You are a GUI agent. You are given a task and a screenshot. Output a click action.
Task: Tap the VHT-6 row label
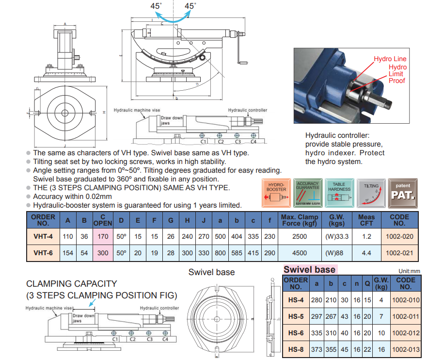coord(43,252)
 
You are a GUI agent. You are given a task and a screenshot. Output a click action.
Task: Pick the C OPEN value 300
coord(103,252)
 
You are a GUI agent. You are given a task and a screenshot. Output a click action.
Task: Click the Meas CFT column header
coord(366,220)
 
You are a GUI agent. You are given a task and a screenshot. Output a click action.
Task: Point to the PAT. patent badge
coord(402,193)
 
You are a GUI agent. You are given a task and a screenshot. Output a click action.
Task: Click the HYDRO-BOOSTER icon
coord(277,193)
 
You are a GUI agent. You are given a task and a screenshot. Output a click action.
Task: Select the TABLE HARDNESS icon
coord(339,193)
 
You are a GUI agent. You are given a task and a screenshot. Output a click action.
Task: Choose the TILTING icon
coord(371,193)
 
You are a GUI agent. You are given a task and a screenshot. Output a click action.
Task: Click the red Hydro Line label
coord(390,59)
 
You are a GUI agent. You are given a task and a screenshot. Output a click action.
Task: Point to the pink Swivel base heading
coord(309,269)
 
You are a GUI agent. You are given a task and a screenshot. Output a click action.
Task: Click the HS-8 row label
coord(296,349)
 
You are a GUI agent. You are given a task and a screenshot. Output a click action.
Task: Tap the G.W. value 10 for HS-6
coord(381,333)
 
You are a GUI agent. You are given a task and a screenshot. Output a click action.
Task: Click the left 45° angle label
coord(156,6)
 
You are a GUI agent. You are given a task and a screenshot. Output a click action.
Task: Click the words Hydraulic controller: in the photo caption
coord(337,135)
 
